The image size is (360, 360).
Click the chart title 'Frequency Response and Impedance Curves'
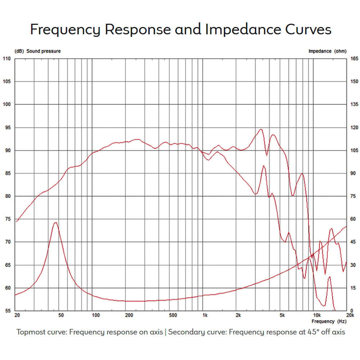click(180, 30)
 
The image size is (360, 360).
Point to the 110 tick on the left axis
click(7, 59)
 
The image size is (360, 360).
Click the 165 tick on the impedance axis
click(354, 59)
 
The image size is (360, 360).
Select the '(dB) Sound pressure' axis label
click(37, 51)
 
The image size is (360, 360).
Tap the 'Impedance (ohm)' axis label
click(327, 51)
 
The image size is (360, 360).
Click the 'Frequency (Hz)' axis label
click(329, 321)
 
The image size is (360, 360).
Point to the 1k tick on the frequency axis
click(205, 316)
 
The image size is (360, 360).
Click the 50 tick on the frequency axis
click(61, 316)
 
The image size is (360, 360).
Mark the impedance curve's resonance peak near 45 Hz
click(55, 222)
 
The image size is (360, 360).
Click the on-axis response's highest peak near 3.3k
click(261, 129)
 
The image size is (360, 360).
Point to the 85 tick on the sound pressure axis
click(7, 173)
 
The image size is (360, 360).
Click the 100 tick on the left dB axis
click(7, 104)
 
